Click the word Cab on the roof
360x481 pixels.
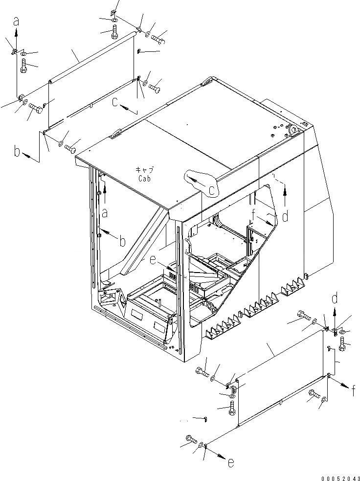144,179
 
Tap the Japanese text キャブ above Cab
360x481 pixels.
144,170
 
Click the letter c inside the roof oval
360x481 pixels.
212,189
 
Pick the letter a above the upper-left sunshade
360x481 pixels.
16,21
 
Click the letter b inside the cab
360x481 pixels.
122,240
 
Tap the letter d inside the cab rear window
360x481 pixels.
285,214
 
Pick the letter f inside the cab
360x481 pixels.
253,213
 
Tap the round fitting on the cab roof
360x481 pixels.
294,130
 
